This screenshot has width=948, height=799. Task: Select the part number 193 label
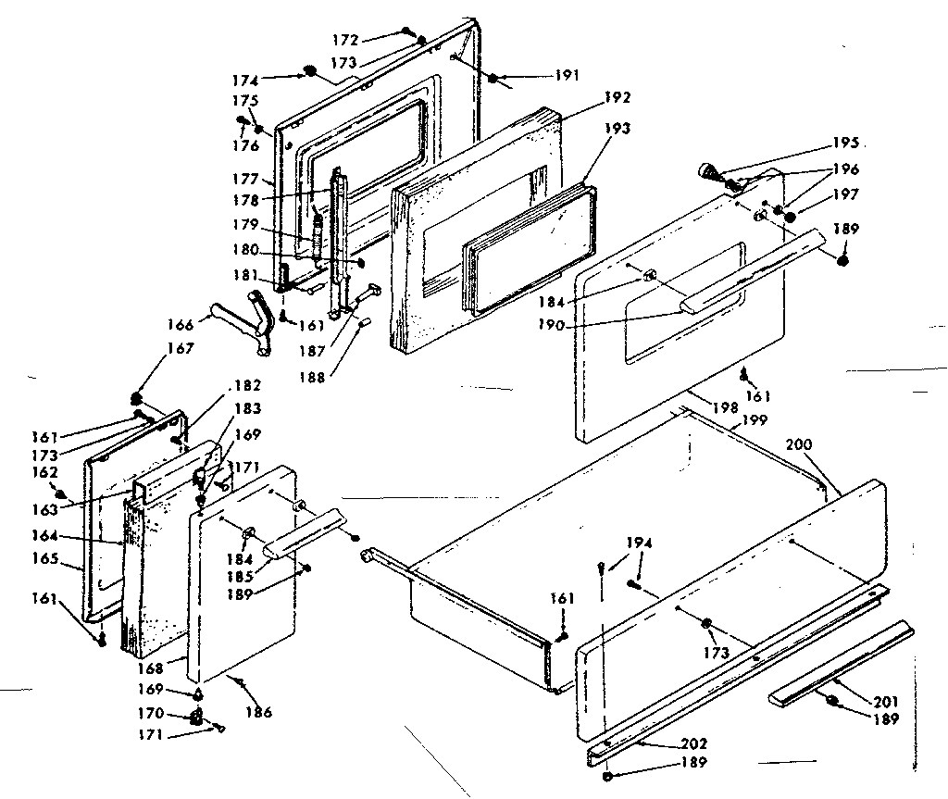pos(615,129)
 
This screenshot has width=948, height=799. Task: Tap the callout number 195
pos(845,143)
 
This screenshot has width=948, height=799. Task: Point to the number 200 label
pos(799,444)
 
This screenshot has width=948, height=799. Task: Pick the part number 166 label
pos(182,325)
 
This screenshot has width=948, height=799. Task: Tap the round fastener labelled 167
pos(139,399)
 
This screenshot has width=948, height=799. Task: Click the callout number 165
pos(69,559)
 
